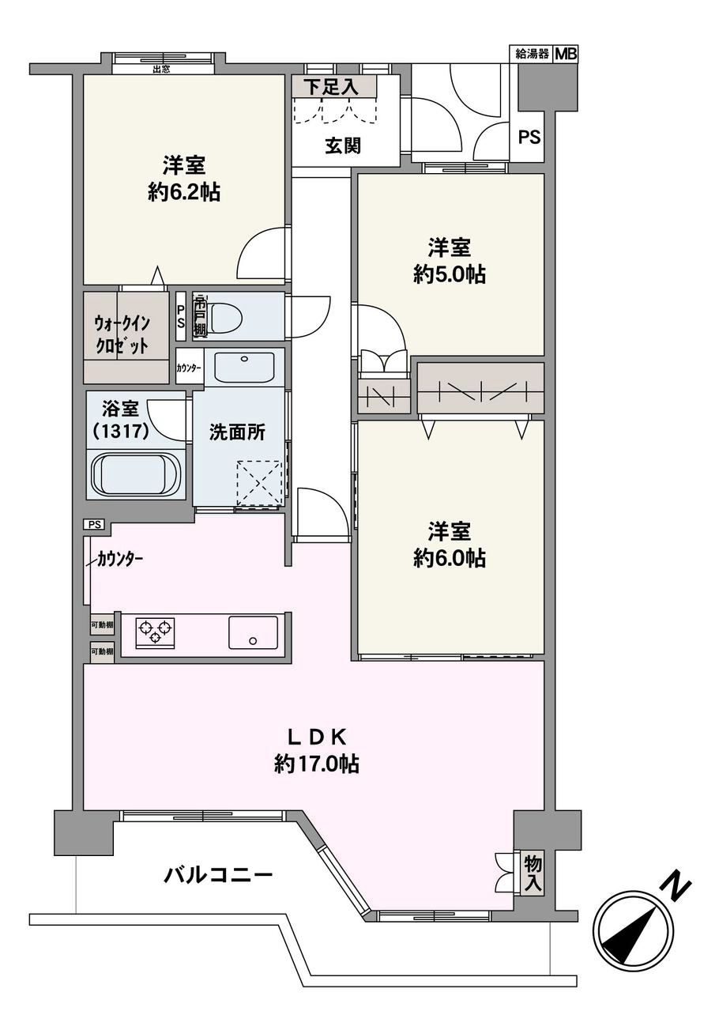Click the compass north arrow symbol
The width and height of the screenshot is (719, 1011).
click(632, 930)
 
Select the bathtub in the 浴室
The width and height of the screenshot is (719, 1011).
click(137, 474)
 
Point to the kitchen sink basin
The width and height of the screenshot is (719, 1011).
click(253, 632)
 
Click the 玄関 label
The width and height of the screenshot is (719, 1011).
click(343, 146)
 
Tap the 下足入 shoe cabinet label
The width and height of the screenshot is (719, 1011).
click(333, 87)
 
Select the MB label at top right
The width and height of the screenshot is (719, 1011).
click(566, 55)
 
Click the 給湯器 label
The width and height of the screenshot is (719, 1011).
click(532, 55)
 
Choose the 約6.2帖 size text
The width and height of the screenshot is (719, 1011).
click(184, 192)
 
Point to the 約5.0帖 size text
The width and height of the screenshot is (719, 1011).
click(450, 274)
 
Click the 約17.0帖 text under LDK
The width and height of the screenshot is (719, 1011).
click(317, 764)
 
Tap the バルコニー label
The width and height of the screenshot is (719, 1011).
click(219, 875)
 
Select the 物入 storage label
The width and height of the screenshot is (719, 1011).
click(533, 873)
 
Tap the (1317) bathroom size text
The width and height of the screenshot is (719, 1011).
click(116, 433)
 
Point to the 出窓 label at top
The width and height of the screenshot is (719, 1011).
click(162, 68)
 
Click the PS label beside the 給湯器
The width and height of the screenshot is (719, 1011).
click(529, 137)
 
